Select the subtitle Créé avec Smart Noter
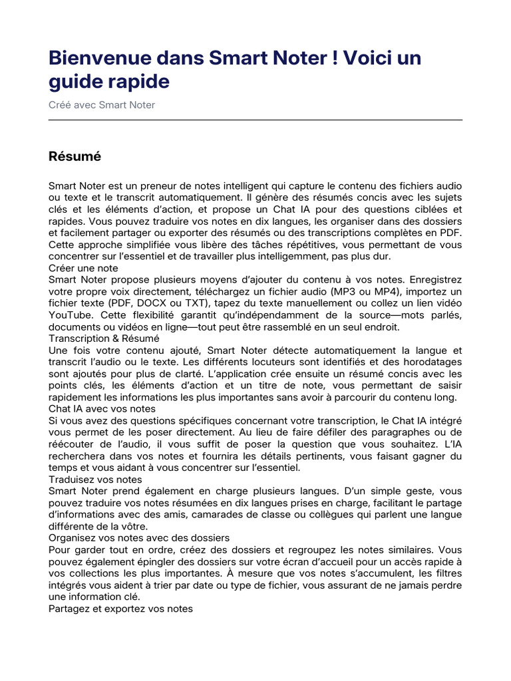point(102,105)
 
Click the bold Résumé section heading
point(75,157)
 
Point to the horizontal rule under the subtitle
point(255,120)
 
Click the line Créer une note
point(83,267)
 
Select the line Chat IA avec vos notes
point(102,408)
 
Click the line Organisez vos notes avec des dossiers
point(139,537)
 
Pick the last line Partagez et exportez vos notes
point(120,608)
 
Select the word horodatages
point(431,361)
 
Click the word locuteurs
point(278,361)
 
